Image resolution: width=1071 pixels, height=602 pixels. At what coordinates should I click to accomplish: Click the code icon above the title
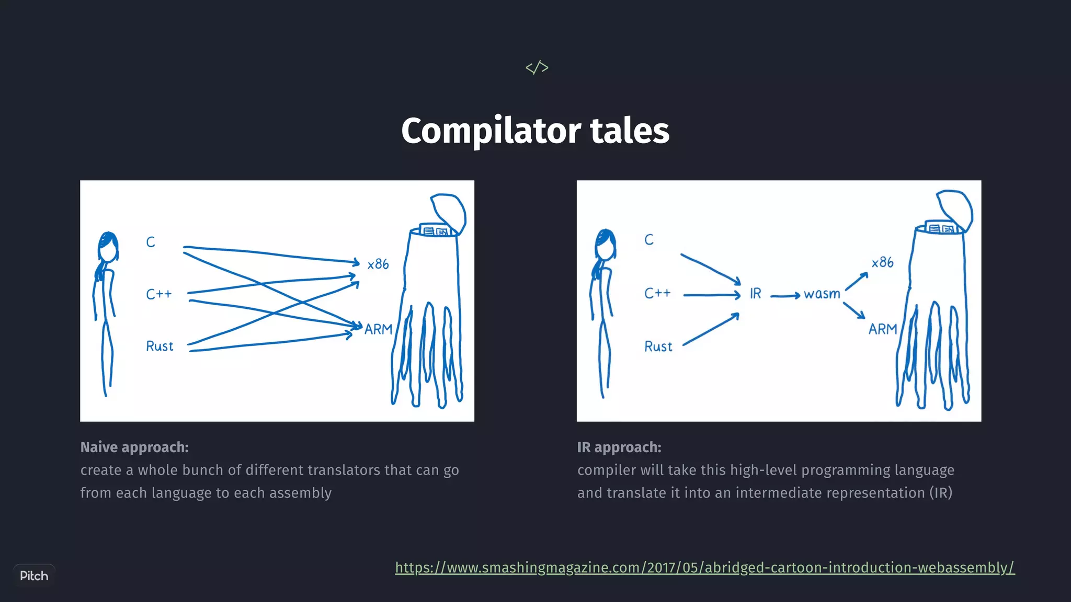pos(537,67)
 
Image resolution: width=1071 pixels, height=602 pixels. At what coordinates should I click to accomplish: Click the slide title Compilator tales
pos(535,131)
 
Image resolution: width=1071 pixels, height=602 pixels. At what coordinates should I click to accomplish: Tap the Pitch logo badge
pos(34,576)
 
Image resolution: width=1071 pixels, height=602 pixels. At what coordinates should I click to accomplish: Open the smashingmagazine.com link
pos(704,568)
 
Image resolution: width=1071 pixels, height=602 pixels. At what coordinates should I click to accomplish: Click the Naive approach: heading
pos(134,447)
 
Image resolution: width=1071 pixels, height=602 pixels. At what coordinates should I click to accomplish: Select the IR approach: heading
pos(619,447)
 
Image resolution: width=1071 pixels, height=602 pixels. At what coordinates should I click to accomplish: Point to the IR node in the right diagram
pos(755,294)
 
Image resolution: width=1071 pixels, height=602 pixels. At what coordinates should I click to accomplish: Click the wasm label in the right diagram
pos(822,294)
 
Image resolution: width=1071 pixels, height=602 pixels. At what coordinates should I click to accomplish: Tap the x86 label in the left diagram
pos(378,264)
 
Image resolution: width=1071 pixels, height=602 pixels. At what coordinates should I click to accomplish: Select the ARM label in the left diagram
pos(378,330)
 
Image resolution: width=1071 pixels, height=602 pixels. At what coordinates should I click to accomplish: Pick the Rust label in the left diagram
pos(159,346)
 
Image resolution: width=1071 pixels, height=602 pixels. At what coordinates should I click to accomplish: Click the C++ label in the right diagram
pos(657,293)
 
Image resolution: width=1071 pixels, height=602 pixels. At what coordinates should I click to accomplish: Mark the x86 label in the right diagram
pos(883,262)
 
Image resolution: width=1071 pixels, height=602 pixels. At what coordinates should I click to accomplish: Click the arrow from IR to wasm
pos(785,296)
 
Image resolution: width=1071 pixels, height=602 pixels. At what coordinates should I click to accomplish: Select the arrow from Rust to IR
pos(711,330)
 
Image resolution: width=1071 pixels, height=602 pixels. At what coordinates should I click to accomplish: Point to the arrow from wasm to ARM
pos(854,310)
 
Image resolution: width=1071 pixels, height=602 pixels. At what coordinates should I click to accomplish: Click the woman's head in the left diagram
pos(108,247)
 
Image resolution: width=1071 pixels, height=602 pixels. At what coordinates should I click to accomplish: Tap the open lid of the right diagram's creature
pos(955,208)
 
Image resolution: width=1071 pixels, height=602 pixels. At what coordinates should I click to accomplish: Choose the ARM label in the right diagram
pos(883,329)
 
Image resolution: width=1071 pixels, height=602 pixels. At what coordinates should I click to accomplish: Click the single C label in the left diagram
pos(151,242)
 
